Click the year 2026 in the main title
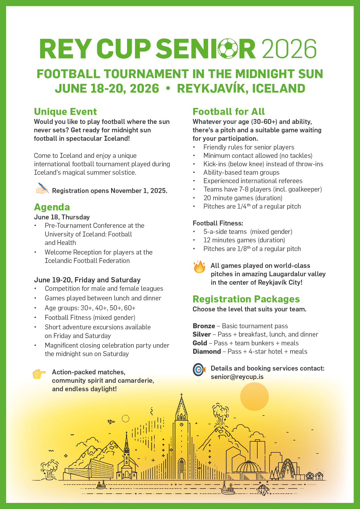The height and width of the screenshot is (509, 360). click(x=289, y=49)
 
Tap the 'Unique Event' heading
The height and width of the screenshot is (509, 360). click(x=65, y=112)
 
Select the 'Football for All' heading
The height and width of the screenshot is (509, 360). click(x=229, y=112)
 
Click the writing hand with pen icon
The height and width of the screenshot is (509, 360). click(x=42, y=188)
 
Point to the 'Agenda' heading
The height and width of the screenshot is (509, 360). click(x=52, y=207)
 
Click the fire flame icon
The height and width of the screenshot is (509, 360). click(x=199, y=267)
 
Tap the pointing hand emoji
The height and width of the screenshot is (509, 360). click(x=39, y=374)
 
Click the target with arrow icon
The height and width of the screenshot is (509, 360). click(x=199, y=370)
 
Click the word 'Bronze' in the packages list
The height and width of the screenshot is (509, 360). click(x=204, y=326)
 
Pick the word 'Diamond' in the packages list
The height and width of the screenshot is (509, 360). click(x=207, y=352)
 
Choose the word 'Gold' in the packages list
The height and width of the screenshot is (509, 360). click(x=200, y=343)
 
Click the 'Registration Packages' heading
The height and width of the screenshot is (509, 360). click(x=246, y=299)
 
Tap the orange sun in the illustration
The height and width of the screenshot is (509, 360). click(x=254, y=396)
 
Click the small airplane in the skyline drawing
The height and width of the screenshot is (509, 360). click(x=111, y=422)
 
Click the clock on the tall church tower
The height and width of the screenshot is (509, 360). click(x=182, y=425)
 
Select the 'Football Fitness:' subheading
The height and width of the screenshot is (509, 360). click(x=218, y=223)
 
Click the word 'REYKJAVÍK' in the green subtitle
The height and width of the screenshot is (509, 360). click(x=212, y=89)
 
